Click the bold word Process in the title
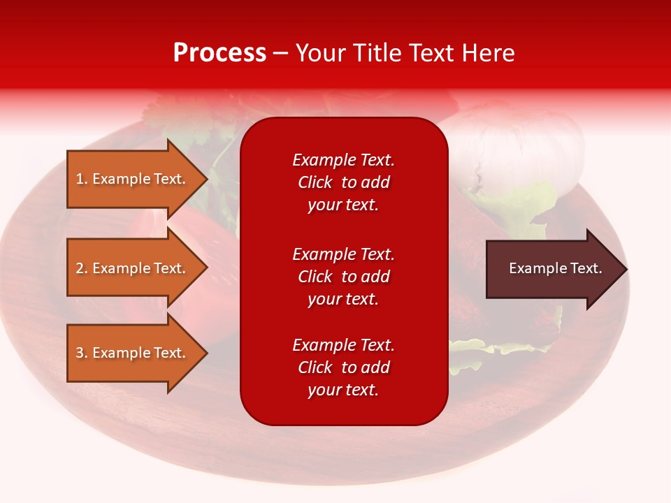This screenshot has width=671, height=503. (x=219, y=53)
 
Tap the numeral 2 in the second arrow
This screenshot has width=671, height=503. (x=80, y=268)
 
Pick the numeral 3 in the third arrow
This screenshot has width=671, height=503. (x=80, y=353)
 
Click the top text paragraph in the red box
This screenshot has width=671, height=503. (x=343, y=182)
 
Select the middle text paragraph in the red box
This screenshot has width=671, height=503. (x=343, y=277)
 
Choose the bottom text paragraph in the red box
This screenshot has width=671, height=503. (x=343, y=367)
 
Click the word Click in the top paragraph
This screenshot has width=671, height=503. (x=315, y=182)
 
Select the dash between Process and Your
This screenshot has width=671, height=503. (x=281, y=53)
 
